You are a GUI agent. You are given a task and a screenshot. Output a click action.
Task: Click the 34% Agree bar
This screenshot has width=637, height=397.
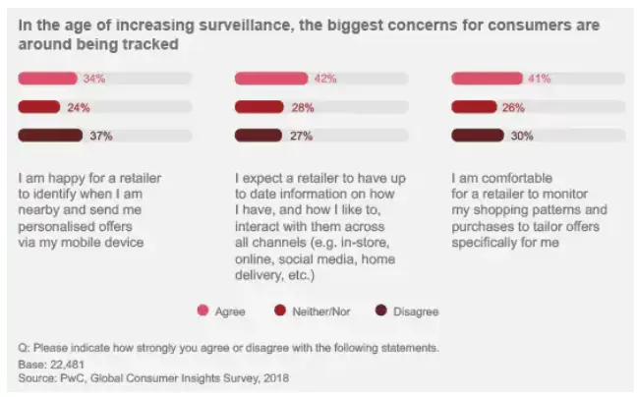pyautogui.click(x=49, y=79)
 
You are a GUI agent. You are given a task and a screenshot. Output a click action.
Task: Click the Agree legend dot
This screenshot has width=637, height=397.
pyautogui.click(x=203, y=311)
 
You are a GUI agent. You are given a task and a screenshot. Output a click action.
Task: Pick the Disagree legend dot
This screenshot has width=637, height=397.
pyautogui.click(x=380, y=311)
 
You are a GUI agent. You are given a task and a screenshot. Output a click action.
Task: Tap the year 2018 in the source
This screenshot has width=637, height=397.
pyautogui.click(x=272, y=377)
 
